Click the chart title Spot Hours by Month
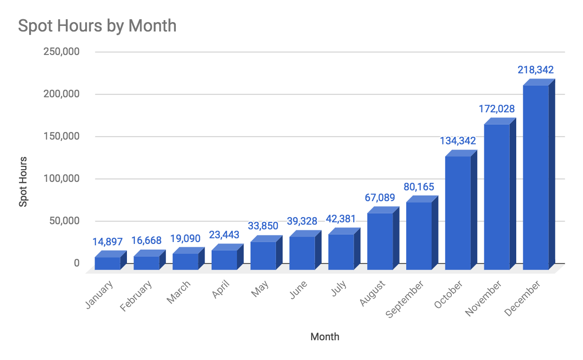pos(97,25)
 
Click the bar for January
pos(107,263)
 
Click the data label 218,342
pos(536,70)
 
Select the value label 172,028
pos(496,109)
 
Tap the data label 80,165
pos(418,187)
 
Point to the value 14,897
pos(107,242)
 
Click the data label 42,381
pos(341,219)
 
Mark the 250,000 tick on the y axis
pos(61,52)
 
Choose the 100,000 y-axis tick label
pos(61,179)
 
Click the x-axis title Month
pos(325,337)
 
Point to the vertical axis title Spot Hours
pos(23,181)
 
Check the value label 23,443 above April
pos(224,235)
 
